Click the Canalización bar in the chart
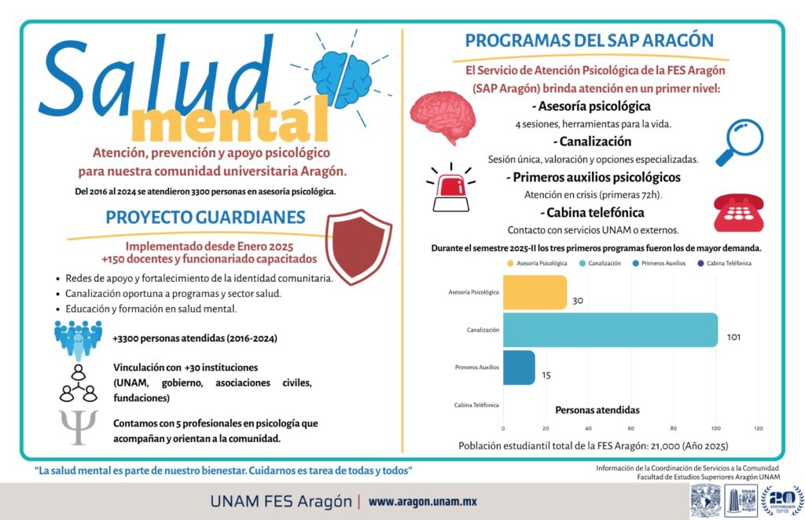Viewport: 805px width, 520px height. point(609,330)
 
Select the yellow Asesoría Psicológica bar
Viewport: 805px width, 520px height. point(534,292)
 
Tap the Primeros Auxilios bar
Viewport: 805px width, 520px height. point(518,367)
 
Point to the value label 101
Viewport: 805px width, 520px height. point(733,337)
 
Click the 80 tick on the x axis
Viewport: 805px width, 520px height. point(673,428)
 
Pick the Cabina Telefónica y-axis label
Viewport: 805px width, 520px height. point(476,405)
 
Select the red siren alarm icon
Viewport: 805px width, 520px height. point(450,188)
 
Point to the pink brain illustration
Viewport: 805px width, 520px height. point(443,116)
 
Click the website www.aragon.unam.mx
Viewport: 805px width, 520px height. point(423,501)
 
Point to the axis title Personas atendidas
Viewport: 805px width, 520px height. point(597,410)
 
